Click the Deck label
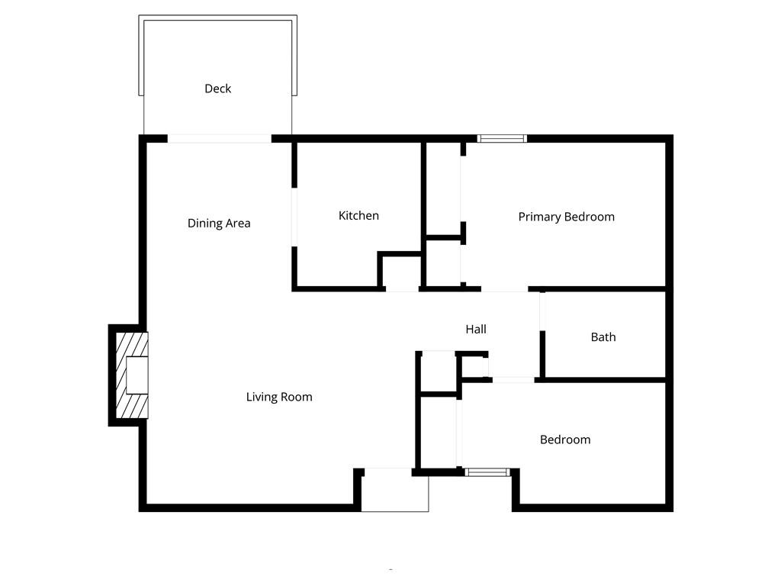click(x=217, y=89)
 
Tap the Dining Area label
click(x=219, y=224)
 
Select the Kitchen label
click(x=358, y=216)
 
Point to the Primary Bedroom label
click(x=566, y=217)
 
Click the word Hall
click(x=476, y=330)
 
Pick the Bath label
click(x=603, y=337)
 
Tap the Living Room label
click(x=279, y=397)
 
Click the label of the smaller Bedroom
click(x=565, y=439)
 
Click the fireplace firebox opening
click(x=137, y=375)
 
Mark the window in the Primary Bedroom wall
click(x=502, y=139)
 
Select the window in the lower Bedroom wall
click(x=488, y=472)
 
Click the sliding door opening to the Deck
click(x=219, y=139)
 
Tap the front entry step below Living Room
click(x=394, y=491)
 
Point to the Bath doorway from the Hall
click(x=542, y=311)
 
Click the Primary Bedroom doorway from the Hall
click(x=504, y=290)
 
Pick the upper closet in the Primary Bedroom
click(x=443, y=188)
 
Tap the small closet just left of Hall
click(x=438, y=372)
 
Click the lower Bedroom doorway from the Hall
click(x=513, y=379)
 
